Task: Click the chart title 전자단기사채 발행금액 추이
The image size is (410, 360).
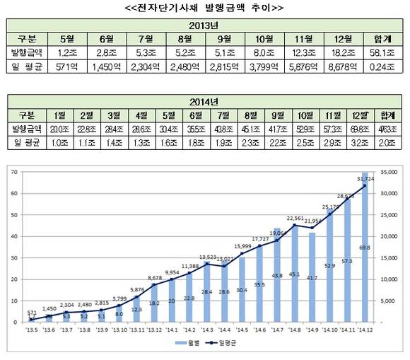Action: (x=204, y=8)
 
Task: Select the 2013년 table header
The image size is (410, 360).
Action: (x=204, y=25)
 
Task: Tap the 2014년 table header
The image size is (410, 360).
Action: (x=204, y=100)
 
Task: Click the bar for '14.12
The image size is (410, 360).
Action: (x=365, y=248)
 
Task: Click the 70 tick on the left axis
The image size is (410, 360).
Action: (x=13, y=172)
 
